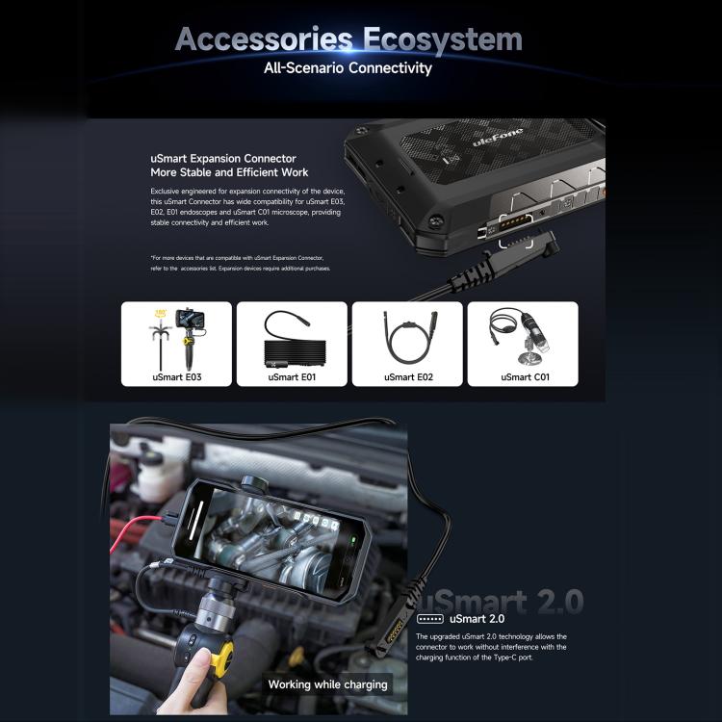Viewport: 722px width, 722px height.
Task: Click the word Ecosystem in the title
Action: click(443, 39)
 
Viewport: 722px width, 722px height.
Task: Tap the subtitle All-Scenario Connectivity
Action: click(348, 68)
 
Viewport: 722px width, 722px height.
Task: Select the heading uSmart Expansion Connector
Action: click(223, 158)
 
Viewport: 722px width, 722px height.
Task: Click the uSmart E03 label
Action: click(176, 376)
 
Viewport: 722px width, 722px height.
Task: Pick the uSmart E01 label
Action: click(292, 376)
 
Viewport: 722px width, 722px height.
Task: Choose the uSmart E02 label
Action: click(408, 376)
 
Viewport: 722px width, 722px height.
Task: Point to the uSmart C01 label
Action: click(524, 376)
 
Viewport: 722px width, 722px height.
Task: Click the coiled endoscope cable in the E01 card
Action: click(291, 337)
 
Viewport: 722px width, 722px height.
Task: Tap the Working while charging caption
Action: click(327, 684)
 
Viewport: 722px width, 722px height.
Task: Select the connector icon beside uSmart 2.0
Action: click(429, 619)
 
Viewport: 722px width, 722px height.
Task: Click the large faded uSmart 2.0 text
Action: click(504, 602)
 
